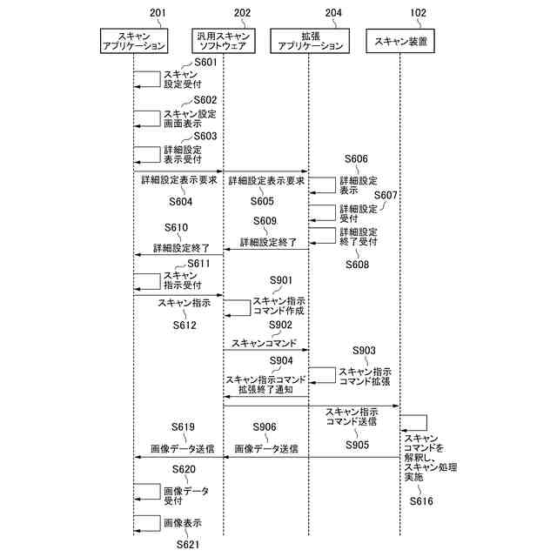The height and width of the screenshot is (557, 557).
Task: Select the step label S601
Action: pyautogui.click(x=205, y=63)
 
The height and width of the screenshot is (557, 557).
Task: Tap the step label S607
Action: pyautogui.click(x=386, y=195)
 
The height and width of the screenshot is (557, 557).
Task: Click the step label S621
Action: pyautogui.click(x=189, y=544)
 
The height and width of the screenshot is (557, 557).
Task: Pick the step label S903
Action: pyautogui.click(x=364, y=350)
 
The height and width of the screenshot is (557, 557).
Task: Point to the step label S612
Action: pyautogui.click(x=184, y=325)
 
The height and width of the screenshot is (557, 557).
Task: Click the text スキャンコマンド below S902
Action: pyautogui.click(x=265, y=343)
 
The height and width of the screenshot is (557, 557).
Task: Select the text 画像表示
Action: pyautogui.click(x=183, y=524)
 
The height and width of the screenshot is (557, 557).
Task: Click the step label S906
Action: pyautogui.click(x=265, y=427)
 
